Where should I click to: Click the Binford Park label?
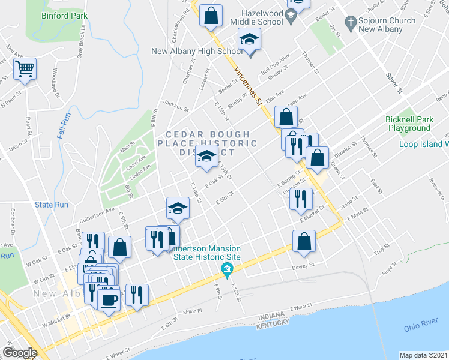65,16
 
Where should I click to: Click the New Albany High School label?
196,52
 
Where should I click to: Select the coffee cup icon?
109,298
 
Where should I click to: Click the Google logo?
20,352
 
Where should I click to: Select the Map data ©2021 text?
423,355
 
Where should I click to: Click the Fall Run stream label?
64,126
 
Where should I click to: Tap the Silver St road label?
393,83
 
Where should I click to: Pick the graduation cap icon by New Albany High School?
249,40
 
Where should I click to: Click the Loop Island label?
424,144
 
